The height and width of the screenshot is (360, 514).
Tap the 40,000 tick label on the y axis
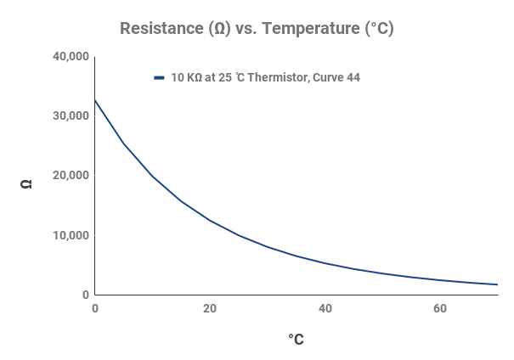pos(71,57)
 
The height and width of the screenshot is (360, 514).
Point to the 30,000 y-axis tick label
pos(71,116)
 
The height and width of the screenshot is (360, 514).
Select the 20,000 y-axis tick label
pos(71,176)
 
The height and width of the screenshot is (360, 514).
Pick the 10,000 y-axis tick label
pos(71,235)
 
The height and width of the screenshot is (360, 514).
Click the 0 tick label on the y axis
pos(85,295)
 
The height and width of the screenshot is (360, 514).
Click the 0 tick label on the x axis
pos(95,308)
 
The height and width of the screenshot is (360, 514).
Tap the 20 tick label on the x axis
pos(210,308)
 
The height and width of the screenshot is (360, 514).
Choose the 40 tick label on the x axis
pos(325,308)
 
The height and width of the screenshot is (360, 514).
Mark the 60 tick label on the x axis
pos(439,308)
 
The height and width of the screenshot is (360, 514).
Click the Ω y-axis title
pos(26,183)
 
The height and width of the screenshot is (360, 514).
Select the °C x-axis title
pos(296,340)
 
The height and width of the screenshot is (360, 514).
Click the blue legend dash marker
pos(159,78)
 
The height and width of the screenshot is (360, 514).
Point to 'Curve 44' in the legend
pos(336,78)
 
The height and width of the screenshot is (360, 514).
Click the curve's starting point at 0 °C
pos(95,100)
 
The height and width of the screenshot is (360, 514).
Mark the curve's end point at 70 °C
pos(497,284)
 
